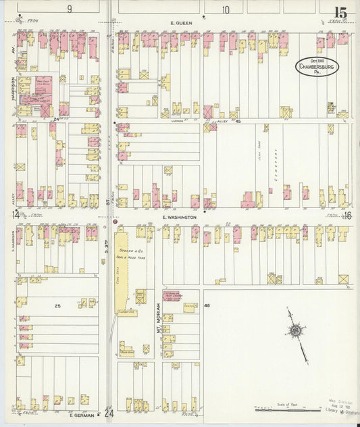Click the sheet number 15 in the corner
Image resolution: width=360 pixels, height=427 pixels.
339,12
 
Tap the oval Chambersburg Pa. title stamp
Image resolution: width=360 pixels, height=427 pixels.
316,67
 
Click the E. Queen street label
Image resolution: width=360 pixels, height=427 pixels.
181,23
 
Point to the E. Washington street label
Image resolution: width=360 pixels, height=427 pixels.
179,218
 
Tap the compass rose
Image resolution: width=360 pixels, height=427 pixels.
294,331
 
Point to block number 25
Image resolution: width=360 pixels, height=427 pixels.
57,306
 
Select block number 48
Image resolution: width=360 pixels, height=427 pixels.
207,306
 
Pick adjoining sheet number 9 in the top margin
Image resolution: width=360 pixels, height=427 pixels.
69,9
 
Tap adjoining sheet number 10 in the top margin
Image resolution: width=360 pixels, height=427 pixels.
226,9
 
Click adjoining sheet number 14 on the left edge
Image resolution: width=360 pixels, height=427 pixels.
15,216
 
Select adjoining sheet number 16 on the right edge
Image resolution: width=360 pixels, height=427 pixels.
347,216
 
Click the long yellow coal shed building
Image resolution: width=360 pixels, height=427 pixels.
122,270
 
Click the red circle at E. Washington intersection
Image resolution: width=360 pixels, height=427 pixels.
115,222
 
